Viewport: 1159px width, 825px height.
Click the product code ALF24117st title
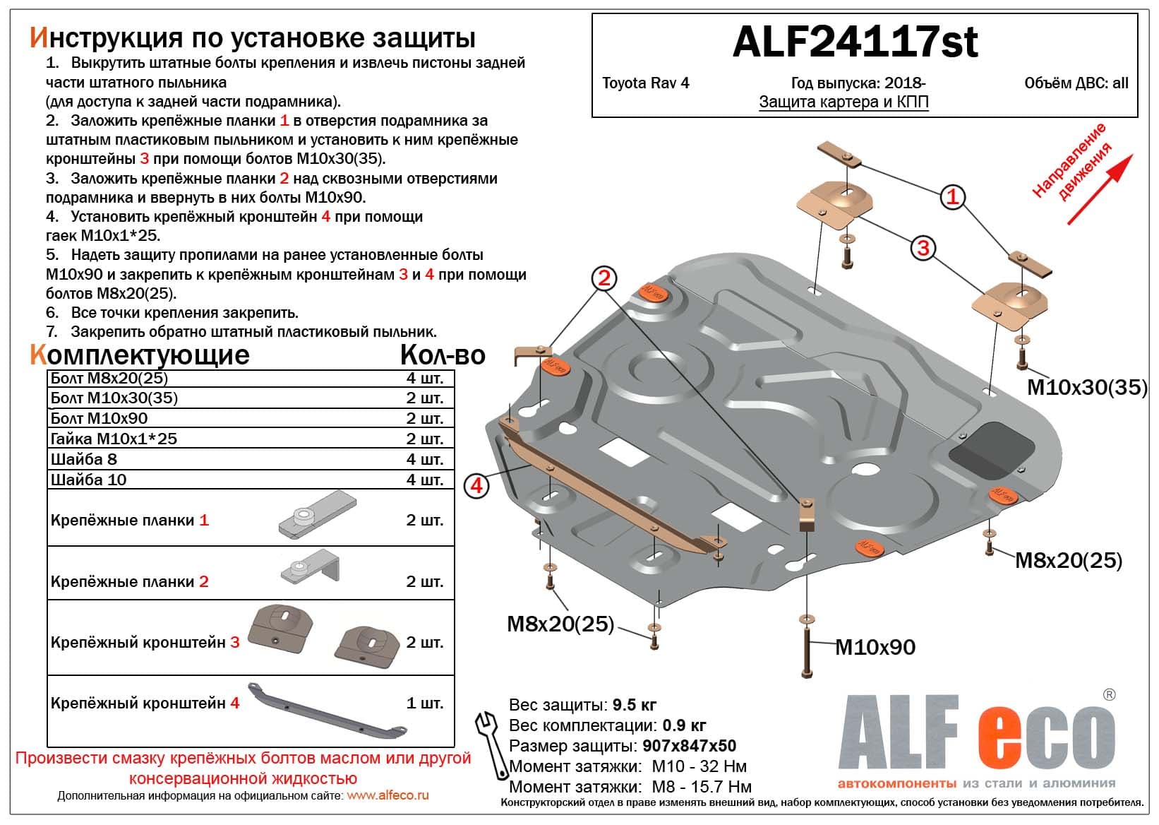click(x=855, y=42)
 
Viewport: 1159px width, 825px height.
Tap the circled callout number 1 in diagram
click(x=952, y=196)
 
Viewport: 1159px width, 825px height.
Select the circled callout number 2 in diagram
click(x=603, y=278)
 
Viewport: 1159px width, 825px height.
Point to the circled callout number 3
click(x=923, y=247)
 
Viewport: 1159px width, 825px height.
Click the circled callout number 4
click(x=476, y=486)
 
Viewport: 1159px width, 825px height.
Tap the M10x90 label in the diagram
click(x=875, y=647)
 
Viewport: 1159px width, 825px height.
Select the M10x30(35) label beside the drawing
click(x=1086, y=387)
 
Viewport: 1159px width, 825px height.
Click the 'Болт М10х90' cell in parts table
click(x=100, y=418)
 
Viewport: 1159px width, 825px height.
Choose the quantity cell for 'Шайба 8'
click(x=424, y=459)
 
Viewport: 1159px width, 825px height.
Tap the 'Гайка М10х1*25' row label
click(x=114, y=439)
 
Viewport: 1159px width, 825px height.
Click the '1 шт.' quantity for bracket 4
click(x=424, y=704)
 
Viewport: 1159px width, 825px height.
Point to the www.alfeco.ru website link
click(x=388, y=795)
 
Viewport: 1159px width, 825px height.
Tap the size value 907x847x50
click(x=689, y=746)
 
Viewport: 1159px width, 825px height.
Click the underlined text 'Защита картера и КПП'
click(x=843, y=102)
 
